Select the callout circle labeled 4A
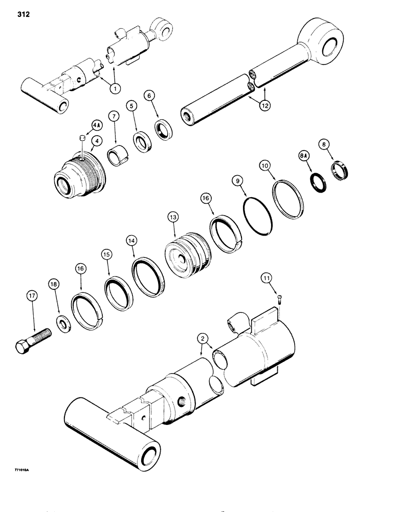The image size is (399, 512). tap(96, 124)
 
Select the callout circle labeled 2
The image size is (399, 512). tap(204, 338)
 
